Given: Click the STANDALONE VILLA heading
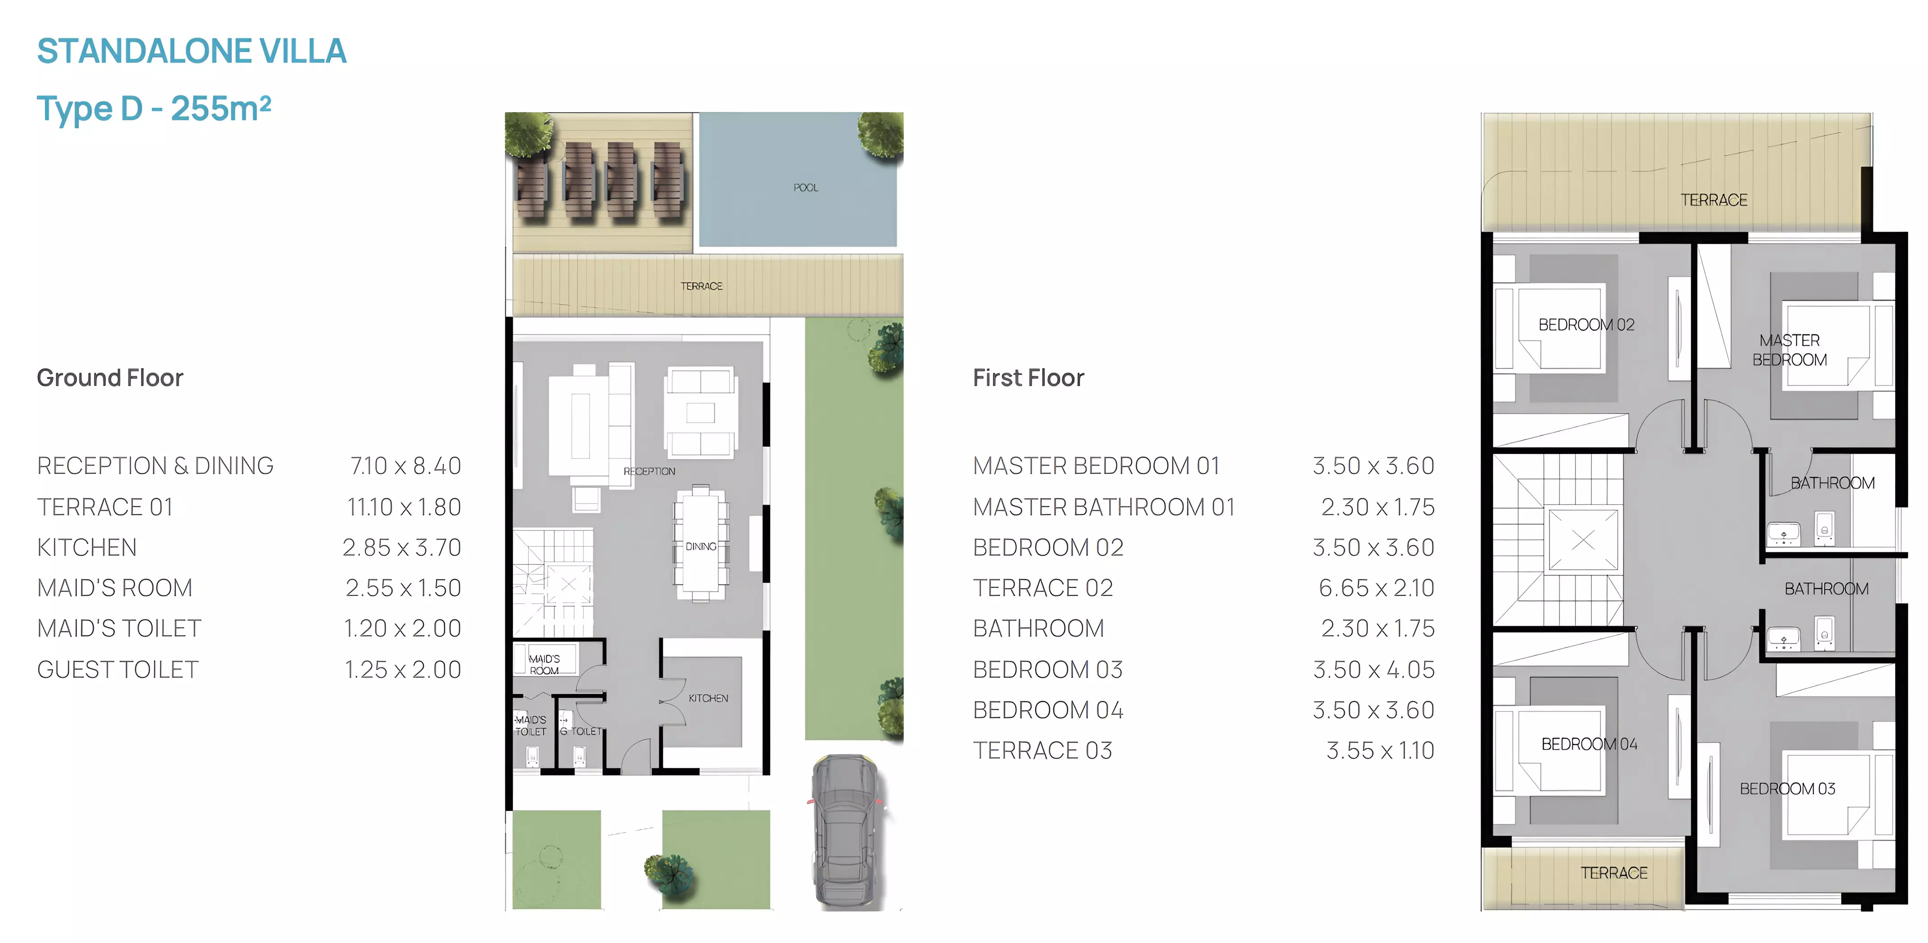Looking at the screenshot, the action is (192, 51).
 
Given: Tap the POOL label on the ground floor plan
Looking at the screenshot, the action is (806, 188).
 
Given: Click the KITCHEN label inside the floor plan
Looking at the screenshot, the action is (708, 698).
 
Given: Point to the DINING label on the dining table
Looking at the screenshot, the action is (701, 546).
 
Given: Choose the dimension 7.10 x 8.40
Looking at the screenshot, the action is (406, 466).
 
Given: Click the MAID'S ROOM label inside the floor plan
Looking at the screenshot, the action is (544, 665).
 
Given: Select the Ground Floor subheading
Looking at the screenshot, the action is (110, 378).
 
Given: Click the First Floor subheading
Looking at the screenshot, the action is (1028, 378).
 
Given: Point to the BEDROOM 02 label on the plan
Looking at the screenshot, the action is (1586, 325).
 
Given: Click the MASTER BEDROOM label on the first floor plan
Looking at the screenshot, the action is (1790, 350).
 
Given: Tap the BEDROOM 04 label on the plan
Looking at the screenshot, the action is (1589, 744).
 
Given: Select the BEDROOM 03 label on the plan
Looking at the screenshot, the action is (1787, 789).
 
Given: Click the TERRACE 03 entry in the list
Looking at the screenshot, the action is (1043, 751).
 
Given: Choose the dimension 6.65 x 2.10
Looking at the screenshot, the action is (1376, 588).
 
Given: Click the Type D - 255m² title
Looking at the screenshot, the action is (154, 109).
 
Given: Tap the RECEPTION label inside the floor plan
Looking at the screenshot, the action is (649, 471).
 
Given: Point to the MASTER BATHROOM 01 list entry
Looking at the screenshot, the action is (1104, 507).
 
